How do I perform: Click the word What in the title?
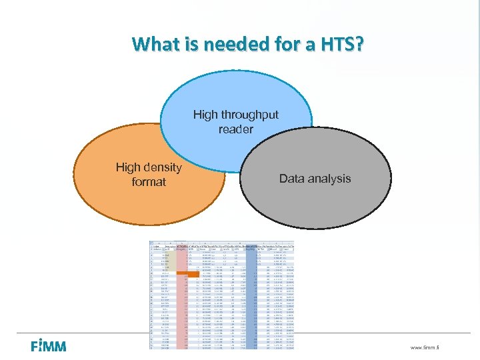(155, 45)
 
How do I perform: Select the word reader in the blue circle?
(235, 129)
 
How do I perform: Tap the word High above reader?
(205, 115)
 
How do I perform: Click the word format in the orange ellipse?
(149, 181)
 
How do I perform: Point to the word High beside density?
(128, 167)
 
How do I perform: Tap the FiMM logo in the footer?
(48, 346)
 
